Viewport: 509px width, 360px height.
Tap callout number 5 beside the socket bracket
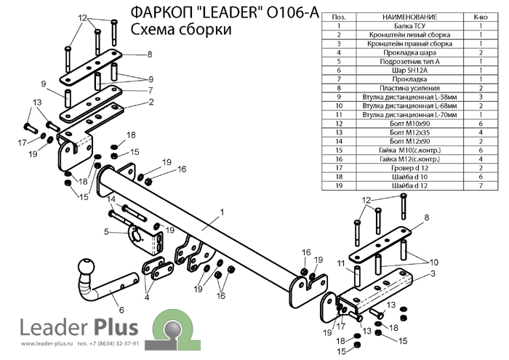(x=105, y=232)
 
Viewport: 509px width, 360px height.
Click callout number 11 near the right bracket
(x=340, y=262)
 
